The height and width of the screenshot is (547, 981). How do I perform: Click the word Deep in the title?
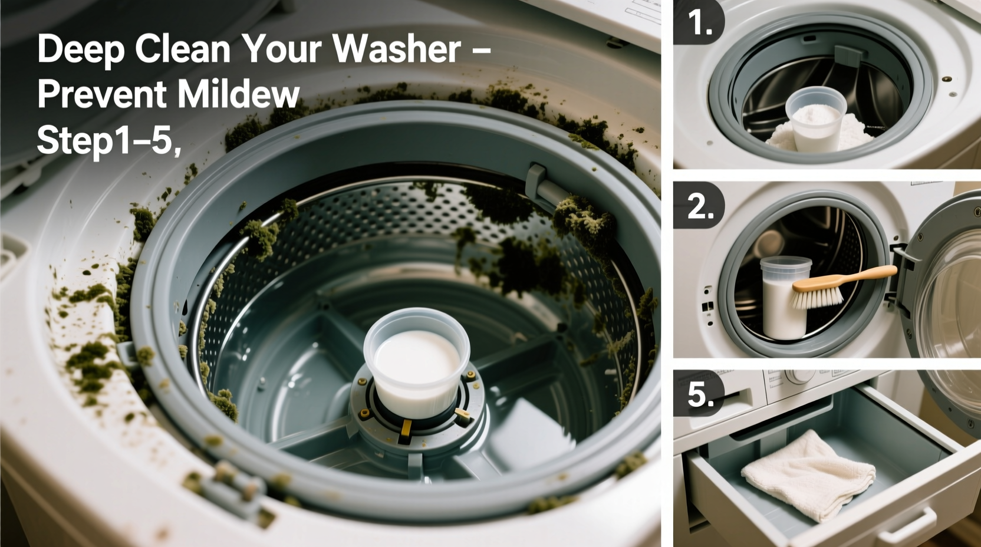[x=81, y=50]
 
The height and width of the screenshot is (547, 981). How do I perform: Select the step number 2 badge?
[x=700, y=206]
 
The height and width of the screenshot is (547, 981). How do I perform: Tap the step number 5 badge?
[x=700, y=393]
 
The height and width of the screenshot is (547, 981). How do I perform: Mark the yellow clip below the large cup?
[x=405, y=433]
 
